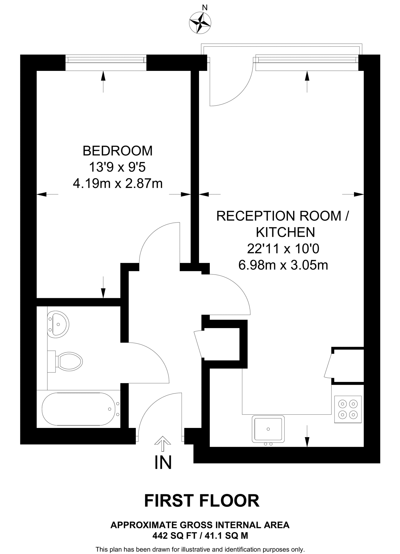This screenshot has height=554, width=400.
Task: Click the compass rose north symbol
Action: [x=200, y=23]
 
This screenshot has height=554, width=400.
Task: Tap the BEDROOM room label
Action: [x=117, y=151]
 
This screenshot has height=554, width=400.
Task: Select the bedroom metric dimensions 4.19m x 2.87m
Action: [x=118, y=184]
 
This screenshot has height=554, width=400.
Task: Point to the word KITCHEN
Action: [x=285, y=232]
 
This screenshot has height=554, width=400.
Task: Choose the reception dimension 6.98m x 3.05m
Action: [x=283, y=265]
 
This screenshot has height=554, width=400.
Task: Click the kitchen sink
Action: [x=268, y=429]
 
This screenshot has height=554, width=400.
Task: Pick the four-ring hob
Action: [x=348, y=409]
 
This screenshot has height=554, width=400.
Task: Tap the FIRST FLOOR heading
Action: [x=202, y=501]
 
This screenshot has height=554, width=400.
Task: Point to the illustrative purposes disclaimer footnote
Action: [x=200, y=549]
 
